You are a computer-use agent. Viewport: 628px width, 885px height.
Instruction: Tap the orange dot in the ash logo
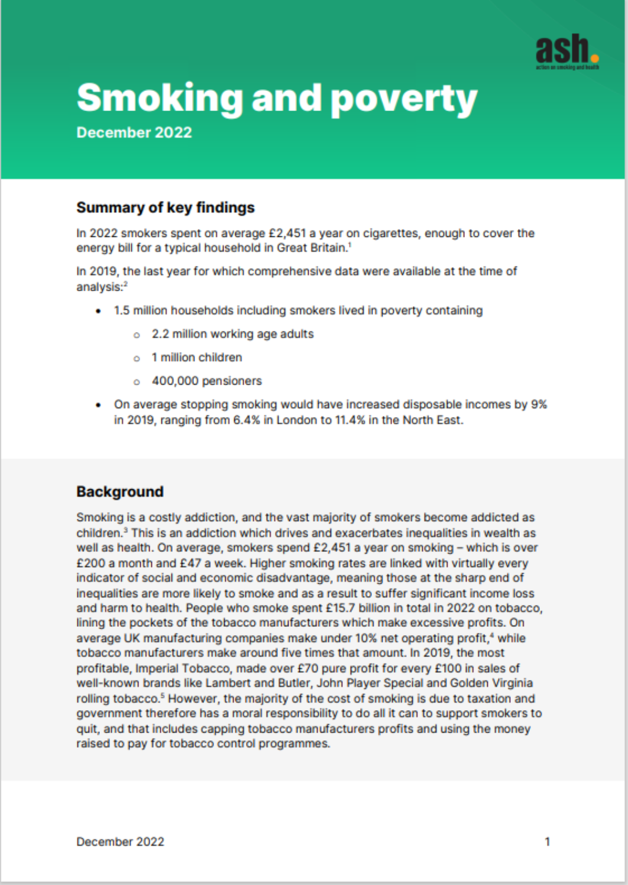click(x=594, y=58)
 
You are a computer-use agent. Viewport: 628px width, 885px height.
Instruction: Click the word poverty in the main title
click(x=403, y=99)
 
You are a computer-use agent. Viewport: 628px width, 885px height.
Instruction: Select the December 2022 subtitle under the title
click(x=134, y=132)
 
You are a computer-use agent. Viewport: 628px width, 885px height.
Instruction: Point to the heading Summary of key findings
click(x=166, y=207)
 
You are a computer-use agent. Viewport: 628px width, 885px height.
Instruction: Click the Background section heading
click(x=120, y=492)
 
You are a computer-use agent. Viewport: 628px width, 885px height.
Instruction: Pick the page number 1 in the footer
click(x=547, y=841)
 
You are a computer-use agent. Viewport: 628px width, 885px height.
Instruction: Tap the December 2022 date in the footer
click(x=120, y=841)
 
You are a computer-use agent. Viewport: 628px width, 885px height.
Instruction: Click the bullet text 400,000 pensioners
click(x=206, y=381)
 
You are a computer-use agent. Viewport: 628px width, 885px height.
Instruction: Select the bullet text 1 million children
click(x=197, y=357)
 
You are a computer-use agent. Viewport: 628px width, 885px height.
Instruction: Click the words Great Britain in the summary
click(x=311, y=248)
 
